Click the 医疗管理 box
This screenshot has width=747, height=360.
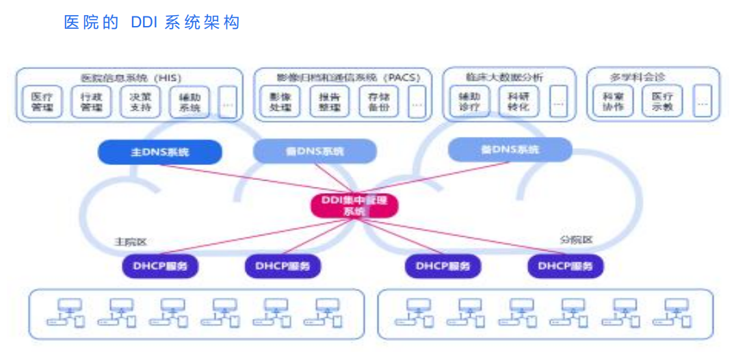(42, 102)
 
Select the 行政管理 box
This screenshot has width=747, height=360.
(91, 102)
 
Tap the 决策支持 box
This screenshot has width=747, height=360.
(140, 102)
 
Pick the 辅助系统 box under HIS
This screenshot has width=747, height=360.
(189, 102)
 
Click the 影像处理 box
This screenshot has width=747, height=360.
(281, 102)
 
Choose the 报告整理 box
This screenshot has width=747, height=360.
(330, 102)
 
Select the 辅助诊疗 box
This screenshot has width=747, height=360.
(469, 102)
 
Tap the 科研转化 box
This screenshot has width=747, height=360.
(518, 102)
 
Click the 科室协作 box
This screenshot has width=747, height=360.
(614, 102)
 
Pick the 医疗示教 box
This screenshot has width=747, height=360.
(662, 102)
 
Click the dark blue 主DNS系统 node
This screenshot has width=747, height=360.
(160, 152)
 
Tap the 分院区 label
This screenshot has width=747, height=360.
(576, 240)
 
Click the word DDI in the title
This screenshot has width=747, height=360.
(144, 23)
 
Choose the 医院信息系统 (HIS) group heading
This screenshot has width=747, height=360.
(130, 77)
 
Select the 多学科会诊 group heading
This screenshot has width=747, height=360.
(637, 77)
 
